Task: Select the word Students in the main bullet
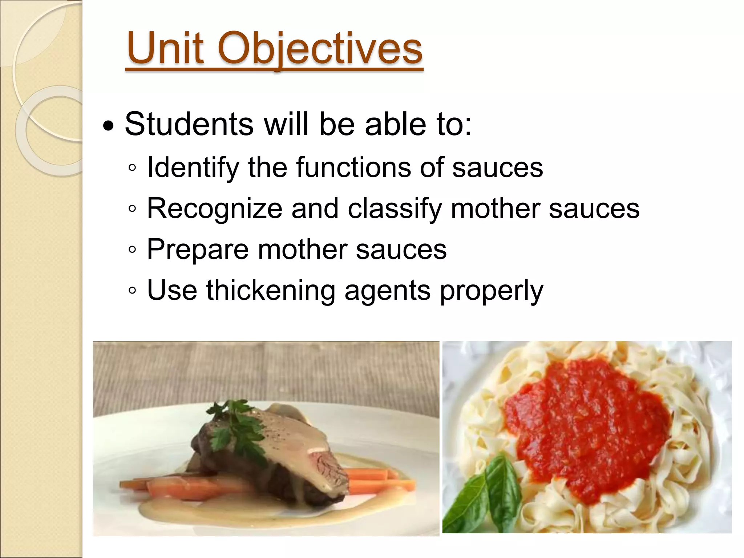189,124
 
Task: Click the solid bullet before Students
108,127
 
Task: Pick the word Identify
193,168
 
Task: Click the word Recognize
214,209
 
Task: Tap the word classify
395,209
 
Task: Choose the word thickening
271,291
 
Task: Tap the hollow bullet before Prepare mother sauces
133,250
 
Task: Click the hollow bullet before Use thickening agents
133,291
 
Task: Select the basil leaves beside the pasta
483,494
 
